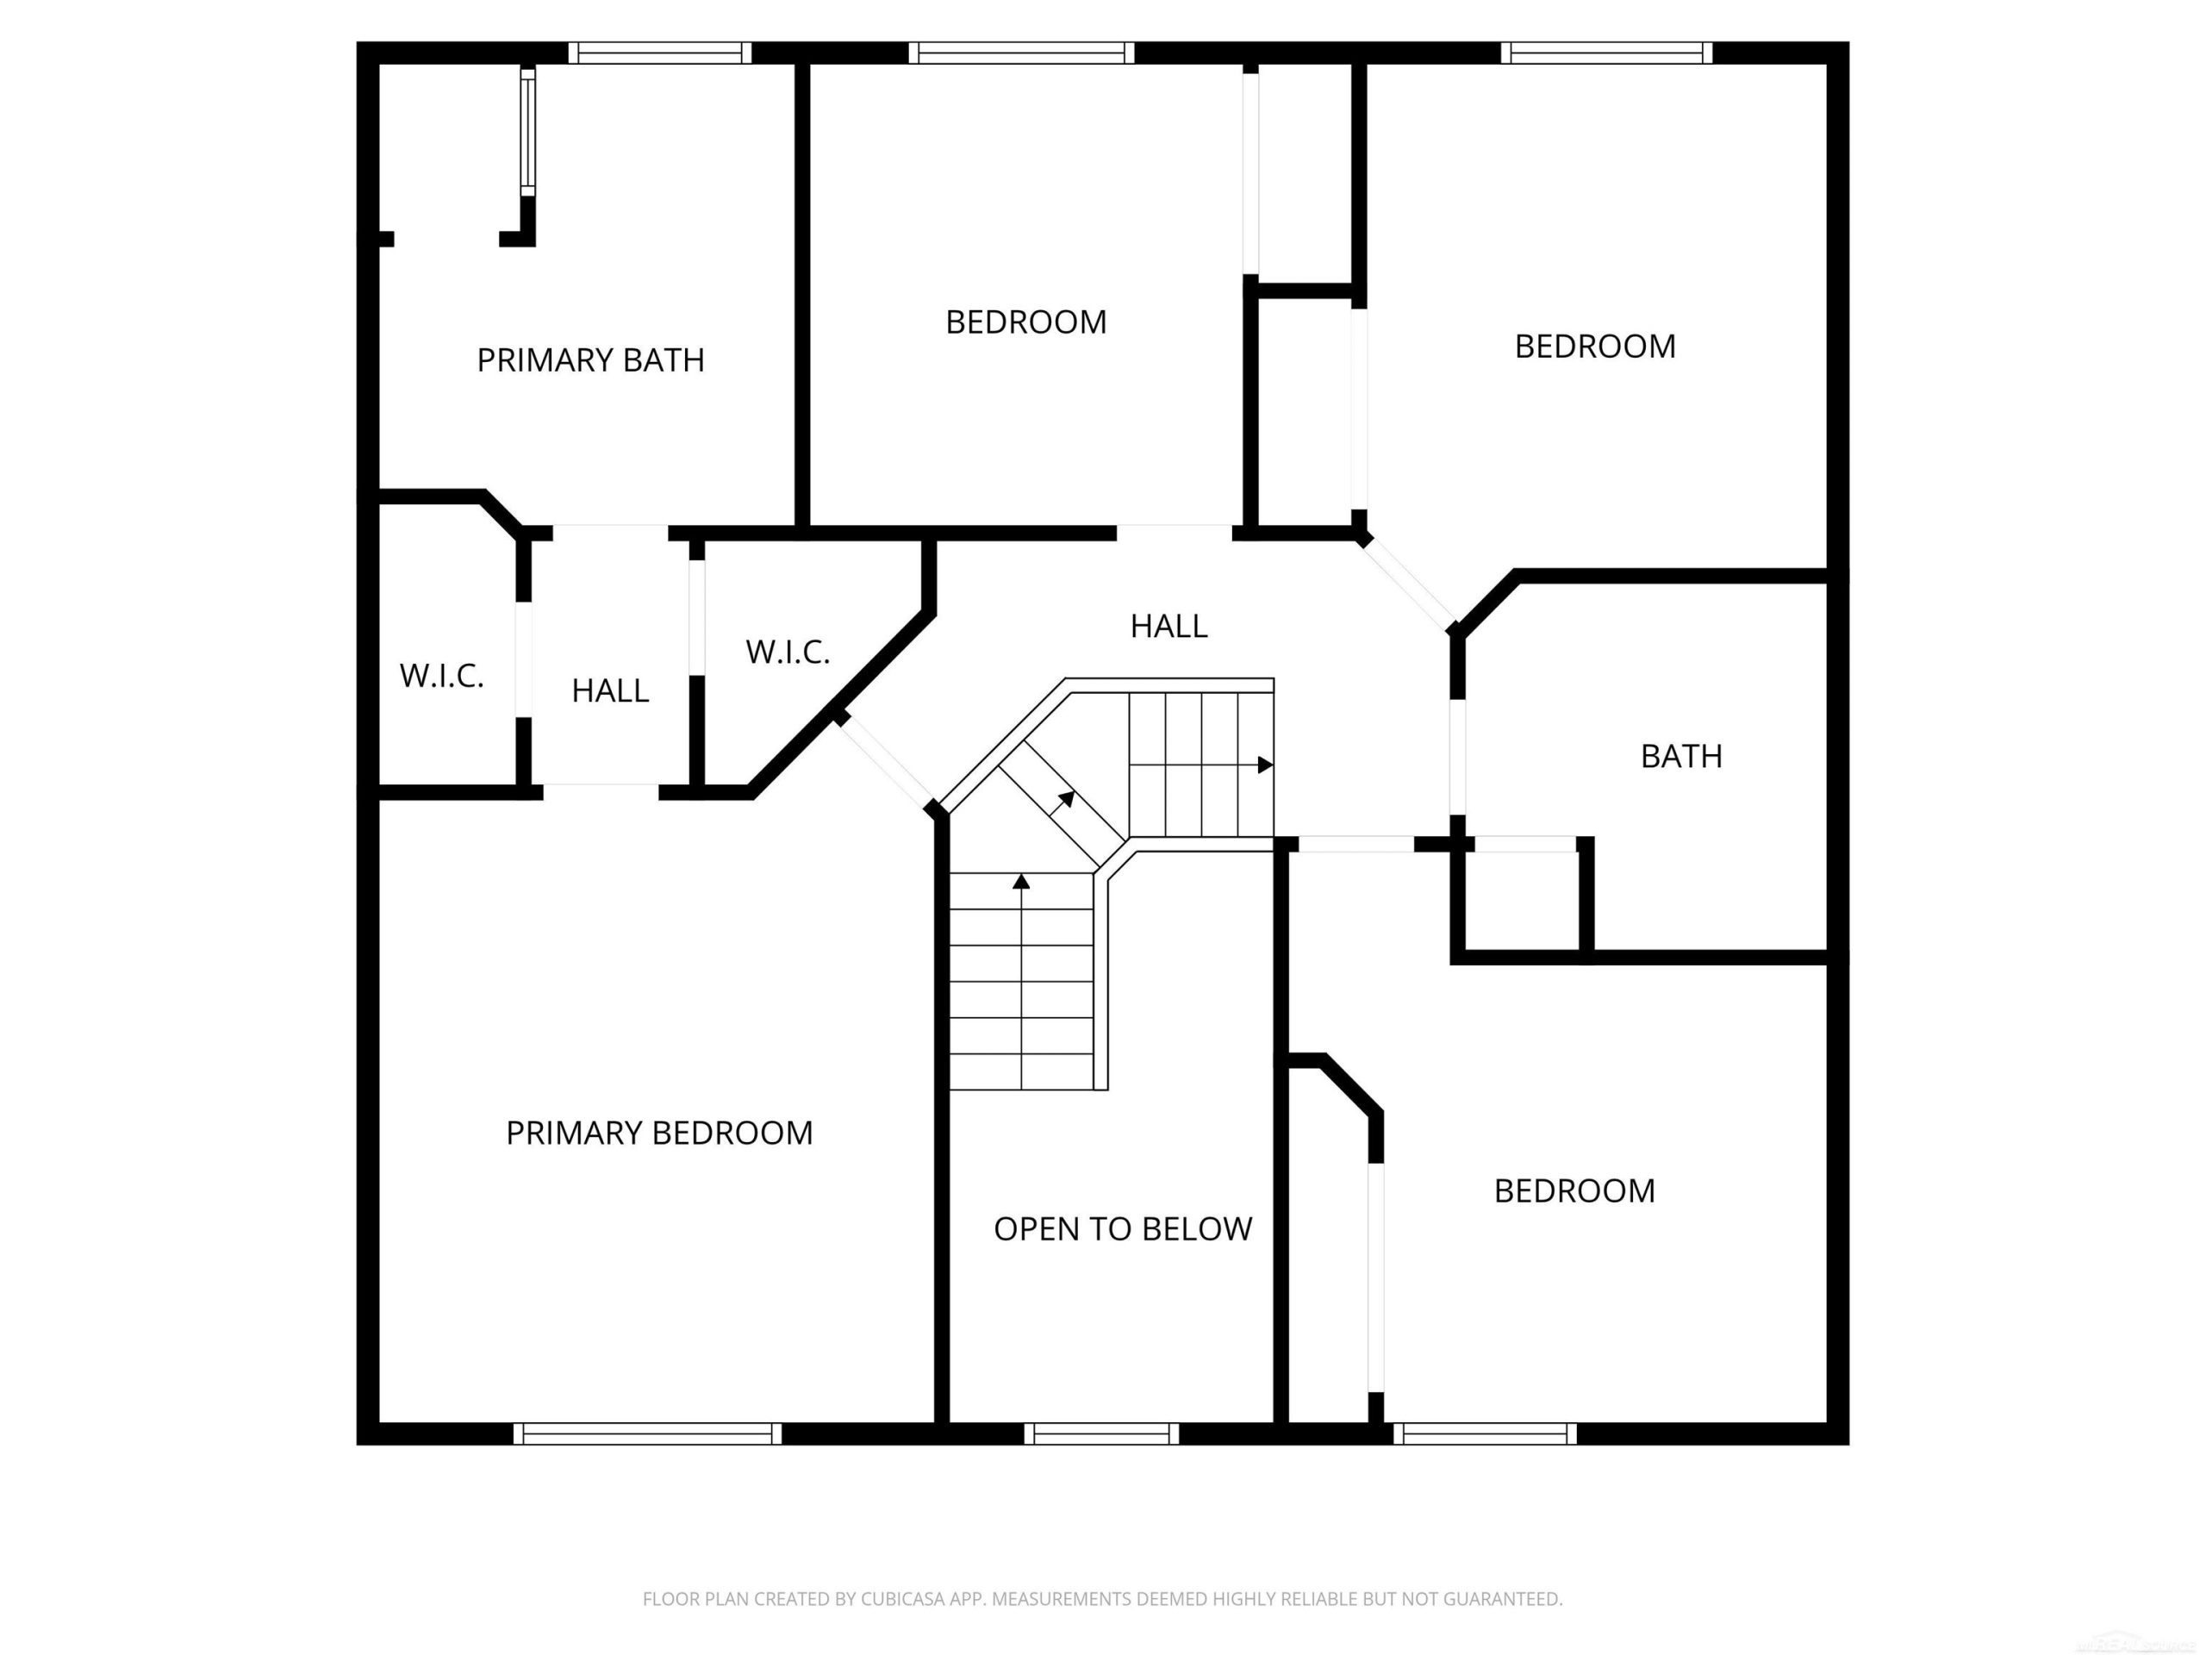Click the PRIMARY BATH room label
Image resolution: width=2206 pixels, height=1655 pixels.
pos(590,360)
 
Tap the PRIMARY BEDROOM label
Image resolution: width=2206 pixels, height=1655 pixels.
pos(659,1134)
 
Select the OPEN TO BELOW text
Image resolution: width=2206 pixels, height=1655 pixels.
pos(1123,1229)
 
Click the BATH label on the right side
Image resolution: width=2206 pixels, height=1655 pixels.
pos(1681,756)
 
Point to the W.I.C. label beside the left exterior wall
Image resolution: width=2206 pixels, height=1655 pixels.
pos(442,677)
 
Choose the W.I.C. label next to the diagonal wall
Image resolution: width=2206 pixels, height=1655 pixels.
pos(788,653)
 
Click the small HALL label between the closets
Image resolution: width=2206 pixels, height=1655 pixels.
pos(610,690)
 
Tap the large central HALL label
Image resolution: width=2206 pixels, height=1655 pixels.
pos(1168,627)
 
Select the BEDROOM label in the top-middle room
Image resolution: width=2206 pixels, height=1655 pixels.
pos(1026,322)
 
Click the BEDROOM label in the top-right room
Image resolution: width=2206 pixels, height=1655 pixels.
pos(1596,347)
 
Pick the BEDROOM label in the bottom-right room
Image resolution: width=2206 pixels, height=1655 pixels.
pos(1574,1190)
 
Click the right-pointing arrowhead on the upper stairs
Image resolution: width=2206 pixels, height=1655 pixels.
pos(1266,765)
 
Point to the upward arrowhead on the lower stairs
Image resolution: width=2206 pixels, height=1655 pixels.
pos(1021,882)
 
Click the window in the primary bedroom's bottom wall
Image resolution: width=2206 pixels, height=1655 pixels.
pos(647,1433)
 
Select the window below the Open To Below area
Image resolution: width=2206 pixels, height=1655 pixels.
pos(1101,1433)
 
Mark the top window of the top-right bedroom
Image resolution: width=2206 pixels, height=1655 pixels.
pos(1606,53)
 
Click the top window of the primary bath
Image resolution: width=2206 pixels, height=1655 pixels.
pos(660,53)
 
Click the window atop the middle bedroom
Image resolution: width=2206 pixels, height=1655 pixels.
pos(1021,53)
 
